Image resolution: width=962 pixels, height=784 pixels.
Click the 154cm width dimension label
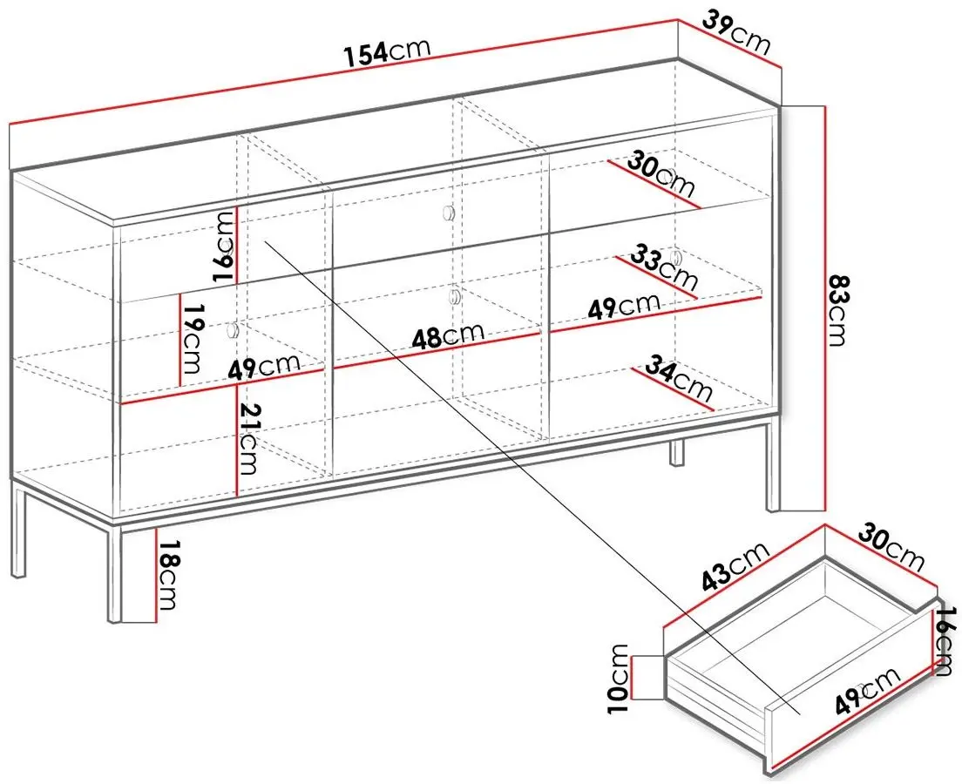[x=387, y=52]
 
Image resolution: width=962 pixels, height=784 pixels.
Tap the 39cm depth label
[x=735, y=31]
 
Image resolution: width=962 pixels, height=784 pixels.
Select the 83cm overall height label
[x=837, y=310]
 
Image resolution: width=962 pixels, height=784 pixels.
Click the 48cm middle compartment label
[x=448, y=336]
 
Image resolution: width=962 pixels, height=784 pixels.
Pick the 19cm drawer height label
[x=191, y=338]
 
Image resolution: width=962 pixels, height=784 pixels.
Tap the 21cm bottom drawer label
[x=247, y=439]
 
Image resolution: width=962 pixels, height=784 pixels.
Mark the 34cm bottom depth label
[x=679, y=379]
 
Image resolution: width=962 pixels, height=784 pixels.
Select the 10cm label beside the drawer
[x=619, y=679]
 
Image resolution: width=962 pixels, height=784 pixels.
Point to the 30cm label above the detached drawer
[x=891, y=546]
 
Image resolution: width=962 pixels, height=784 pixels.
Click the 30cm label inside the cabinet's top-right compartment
[x=661, y=175]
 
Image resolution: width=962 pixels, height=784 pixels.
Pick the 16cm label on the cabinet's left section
[x=224, y=247]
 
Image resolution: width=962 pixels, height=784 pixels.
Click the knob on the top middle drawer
[x=448, y=213]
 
